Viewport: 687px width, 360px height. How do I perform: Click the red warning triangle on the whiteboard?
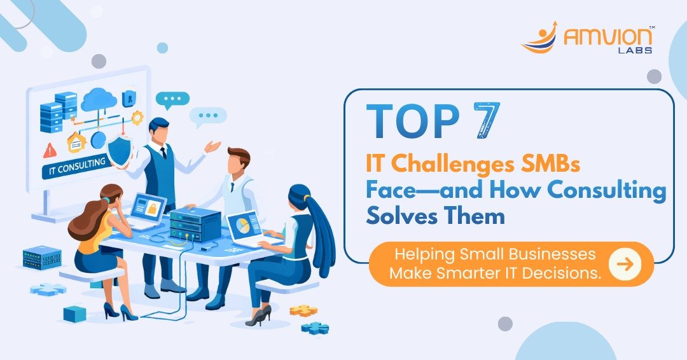coord(49,151)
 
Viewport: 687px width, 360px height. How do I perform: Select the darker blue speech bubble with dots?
coord(172,99)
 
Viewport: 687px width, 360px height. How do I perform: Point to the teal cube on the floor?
coord(74,313)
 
